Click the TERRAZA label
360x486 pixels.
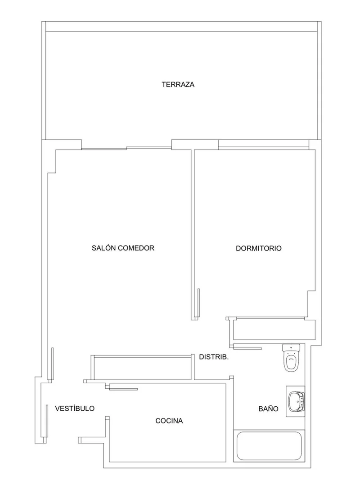click(x=178, y=84)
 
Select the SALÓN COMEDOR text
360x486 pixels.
click(x=123, y=248)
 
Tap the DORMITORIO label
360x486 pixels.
click(x=259, y=248)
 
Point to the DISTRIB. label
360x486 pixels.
click(x=214, y=357)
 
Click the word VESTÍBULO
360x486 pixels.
click(x=75, y=409)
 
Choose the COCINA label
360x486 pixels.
click(x=169, y=421)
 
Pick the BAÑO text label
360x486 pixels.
click(x=268, y=409)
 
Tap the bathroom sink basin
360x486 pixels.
click(x=297, y=401)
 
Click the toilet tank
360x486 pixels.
click(x=291, y=347)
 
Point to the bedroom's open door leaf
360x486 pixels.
click(x=198, y=303)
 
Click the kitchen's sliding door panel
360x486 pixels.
click(x=123, y=389)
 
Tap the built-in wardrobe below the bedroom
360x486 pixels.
click(x=274, y=330)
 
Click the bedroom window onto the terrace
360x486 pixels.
click(x=263, y=144)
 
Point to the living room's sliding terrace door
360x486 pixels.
click(x=126, y=148)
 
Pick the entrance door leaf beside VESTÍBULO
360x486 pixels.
click(x=47, y=420)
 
